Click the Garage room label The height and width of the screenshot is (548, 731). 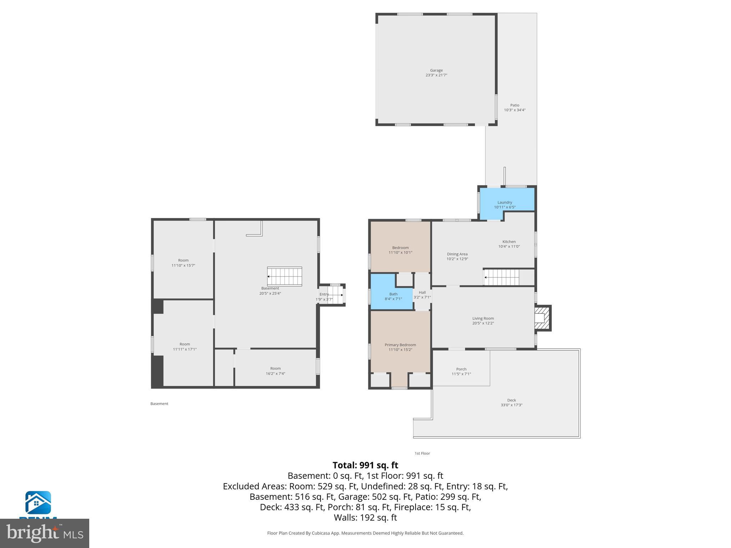436,71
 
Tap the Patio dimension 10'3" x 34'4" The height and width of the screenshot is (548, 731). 514,110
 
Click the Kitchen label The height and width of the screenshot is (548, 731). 509,242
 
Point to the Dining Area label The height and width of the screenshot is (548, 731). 457,254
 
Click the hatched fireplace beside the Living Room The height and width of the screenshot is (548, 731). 541,318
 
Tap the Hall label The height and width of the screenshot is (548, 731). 422,293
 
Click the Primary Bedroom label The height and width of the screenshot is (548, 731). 400,345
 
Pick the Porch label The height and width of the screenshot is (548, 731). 461,369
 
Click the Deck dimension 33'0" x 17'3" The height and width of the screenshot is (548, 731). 511,405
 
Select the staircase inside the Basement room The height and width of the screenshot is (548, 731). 285,276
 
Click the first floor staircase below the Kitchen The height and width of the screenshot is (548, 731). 501,277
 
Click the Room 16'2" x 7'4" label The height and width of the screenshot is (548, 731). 275,369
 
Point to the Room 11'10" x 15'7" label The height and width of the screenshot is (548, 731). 183,260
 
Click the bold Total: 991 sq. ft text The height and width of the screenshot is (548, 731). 365,465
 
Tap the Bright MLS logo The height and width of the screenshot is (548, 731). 44,533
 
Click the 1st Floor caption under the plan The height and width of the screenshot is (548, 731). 422,453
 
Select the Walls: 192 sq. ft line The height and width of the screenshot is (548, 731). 365,517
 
